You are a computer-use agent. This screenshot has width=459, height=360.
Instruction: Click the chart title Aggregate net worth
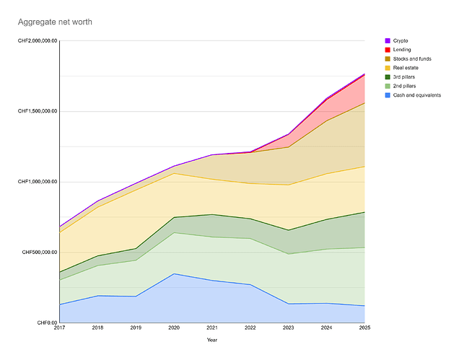click(x=55, y=22)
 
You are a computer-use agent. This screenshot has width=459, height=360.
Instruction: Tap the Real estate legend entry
click(x=407, y=68)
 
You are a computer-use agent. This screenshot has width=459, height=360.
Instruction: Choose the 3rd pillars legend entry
click(x=406, y=76)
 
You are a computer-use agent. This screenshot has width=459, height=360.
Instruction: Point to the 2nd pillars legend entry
click(x=406, y=86)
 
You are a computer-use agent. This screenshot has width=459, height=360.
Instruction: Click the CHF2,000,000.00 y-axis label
click(x=38, y=41)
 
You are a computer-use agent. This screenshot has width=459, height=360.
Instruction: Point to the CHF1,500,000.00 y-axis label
click(x=38, y=112)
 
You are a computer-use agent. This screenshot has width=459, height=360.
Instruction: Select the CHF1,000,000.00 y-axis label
click(x=38, y=183)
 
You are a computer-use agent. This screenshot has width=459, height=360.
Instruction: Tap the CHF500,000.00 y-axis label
click(x=40, y=253)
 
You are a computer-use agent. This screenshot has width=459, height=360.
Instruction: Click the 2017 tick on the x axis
click(x=60, y=329)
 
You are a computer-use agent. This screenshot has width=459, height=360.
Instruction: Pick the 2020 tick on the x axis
click(x=174, y=329)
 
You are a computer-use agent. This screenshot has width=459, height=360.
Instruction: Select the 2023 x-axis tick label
click(x=288, y=329)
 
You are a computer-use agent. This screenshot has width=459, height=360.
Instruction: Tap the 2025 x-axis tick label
click(x=364, y=329)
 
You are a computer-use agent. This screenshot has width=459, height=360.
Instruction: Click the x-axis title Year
click(x=212, y=340)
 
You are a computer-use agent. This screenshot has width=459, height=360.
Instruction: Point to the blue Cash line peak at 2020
click(x=174, y=273)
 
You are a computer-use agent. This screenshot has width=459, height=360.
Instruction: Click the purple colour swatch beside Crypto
click(x=388, y=40)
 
